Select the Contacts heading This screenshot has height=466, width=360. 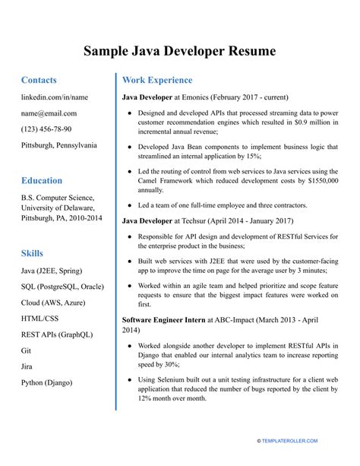coord(39,80)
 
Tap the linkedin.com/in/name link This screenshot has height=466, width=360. coord(55,97)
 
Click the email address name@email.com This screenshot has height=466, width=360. coord(52,113)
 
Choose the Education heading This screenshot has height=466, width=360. coord(42,181)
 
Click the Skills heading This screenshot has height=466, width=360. coord(32,253)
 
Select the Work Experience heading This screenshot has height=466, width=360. coord(157,80)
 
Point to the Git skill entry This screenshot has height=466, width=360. coord(27,350)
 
